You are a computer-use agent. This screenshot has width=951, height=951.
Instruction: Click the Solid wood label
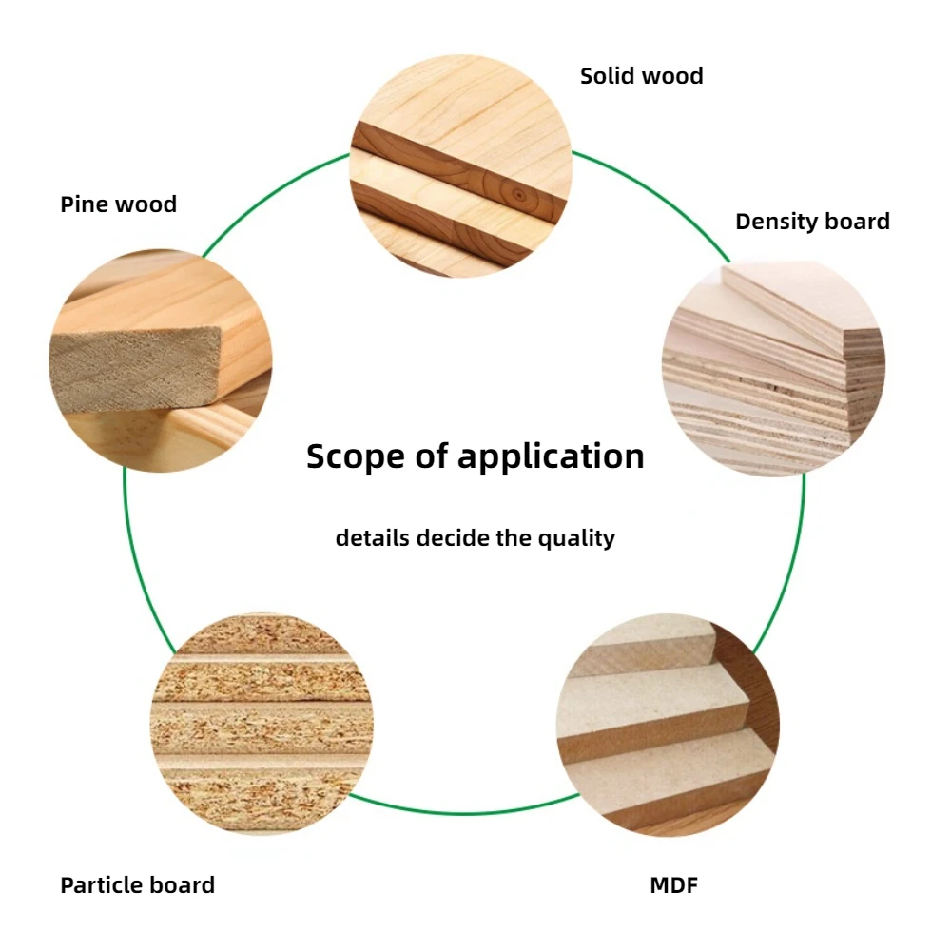click(x=642, y=76)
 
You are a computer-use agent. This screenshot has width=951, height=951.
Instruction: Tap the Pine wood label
click(x=118, y=204)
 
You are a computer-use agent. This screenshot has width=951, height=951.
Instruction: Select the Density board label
click(x=812, y=222)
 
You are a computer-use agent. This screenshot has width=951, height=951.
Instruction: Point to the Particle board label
click(x=137, y=885)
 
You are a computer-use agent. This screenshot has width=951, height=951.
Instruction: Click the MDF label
click(x=674, y=885)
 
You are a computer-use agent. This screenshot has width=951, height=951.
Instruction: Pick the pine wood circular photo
click(x=160, y=361)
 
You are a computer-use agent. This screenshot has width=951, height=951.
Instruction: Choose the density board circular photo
click(x=773, y=368)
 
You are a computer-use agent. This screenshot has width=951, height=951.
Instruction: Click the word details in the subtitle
click(x=373, y=538)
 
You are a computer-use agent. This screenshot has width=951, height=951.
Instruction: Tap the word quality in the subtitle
click(x=577, y=539)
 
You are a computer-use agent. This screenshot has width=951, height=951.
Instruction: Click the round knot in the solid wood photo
click(x=518, y=193)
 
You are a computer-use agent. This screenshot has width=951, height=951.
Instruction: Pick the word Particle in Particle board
click(x=100, y=885)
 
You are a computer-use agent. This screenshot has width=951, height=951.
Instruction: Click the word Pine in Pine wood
click(x=83, y=204)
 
